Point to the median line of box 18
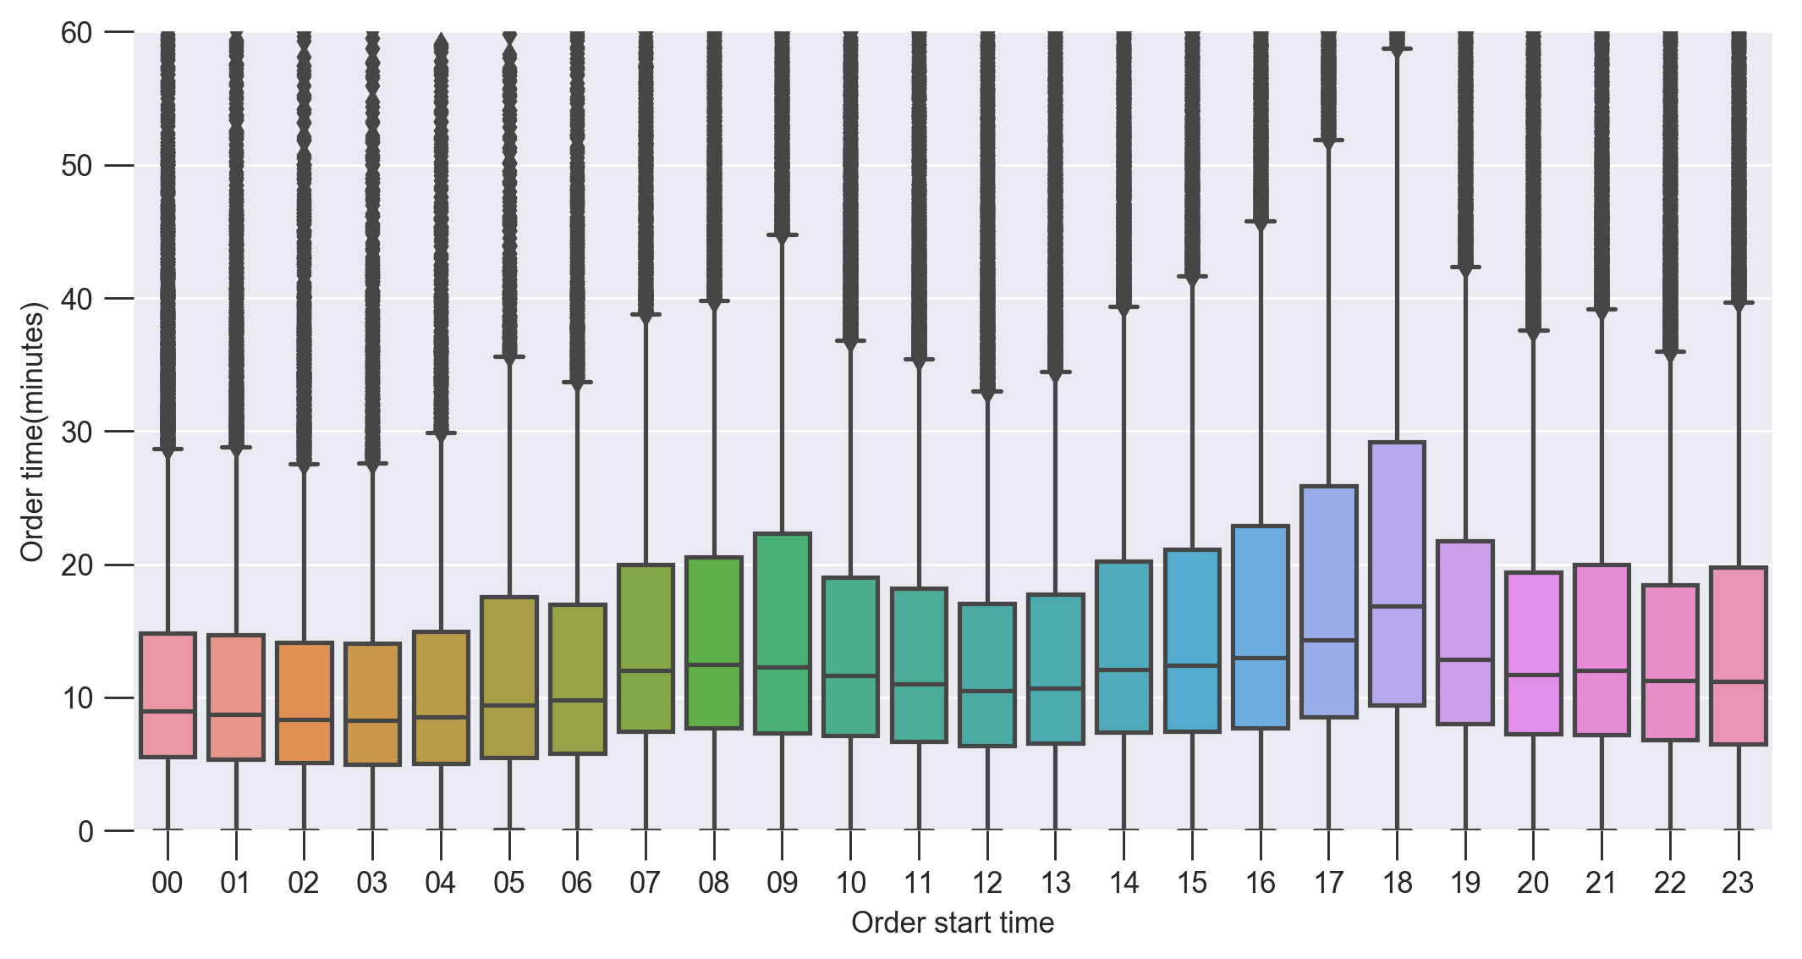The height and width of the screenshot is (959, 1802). click(x=1397, y=606)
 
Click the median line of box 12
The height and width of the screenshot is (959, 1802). click(x=987, y=691)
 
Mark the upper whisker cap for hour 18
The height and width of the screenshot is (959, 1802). click(x=1397, y=49)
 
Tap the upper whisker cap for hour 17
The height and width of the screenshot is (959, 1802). click(x=1328, y=140)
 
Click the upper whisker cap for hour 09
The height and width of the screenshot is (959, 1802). click(x=783, y=234)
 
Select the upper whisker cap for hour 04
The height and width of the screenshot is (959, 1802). click(x=441, y=433)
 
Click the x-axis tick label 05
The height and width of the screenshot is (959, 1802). click(x=508, y=883)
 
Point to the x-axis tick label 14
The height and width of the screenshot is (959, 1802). click(x=1124, y=883)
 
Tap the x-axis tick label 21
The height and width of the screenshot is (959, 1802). click(x=1601, y=883)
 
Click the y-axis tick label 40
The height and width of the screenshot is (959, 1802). click(x=76, y=299)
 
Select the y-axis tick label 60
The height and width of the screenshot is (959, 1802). click(x=76, y=33)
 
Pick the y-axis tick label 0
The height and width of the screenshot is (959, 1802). click(x=85, y=831)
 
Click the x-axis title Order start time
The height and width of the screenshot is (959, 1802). click(x=953, y=923)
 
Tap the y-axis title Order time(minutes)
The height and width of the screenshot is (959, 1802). click(x=32, y=432)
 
